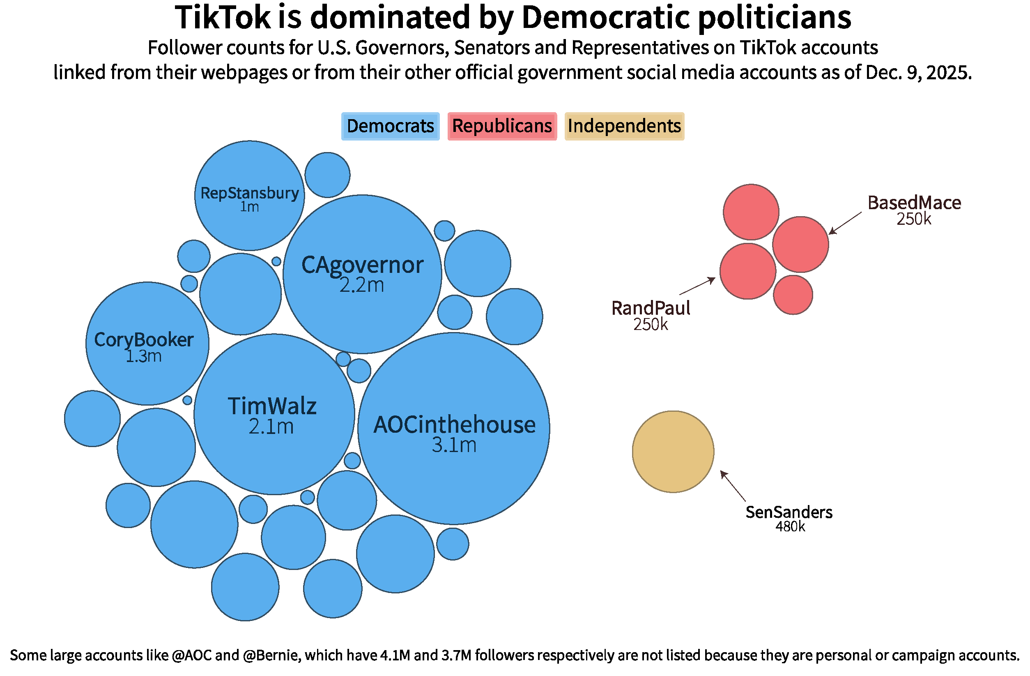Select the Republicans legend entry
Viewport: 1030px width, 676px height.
(501, 126)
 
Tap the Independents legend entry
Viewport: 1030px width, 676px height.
(624, 126)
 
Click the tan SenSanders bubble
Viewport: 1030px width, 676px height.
(673, 452)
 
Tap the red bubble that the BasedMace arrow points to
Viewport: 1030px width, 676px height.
(800, 244)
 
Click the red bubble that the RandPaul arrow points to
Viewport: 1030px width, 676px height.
(747, 271)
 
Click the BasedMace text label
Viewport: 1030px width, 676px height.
(914, 203)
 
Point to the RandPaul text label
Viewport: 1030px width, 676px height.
(651, 308)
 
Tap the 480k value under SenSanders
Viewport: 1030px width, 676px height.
(790, 526)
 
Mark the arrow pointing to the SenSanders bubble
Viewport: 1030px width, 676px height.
(732, 485)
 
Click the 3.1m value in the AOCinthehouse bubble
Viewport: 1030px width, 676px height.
(454, 445)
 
